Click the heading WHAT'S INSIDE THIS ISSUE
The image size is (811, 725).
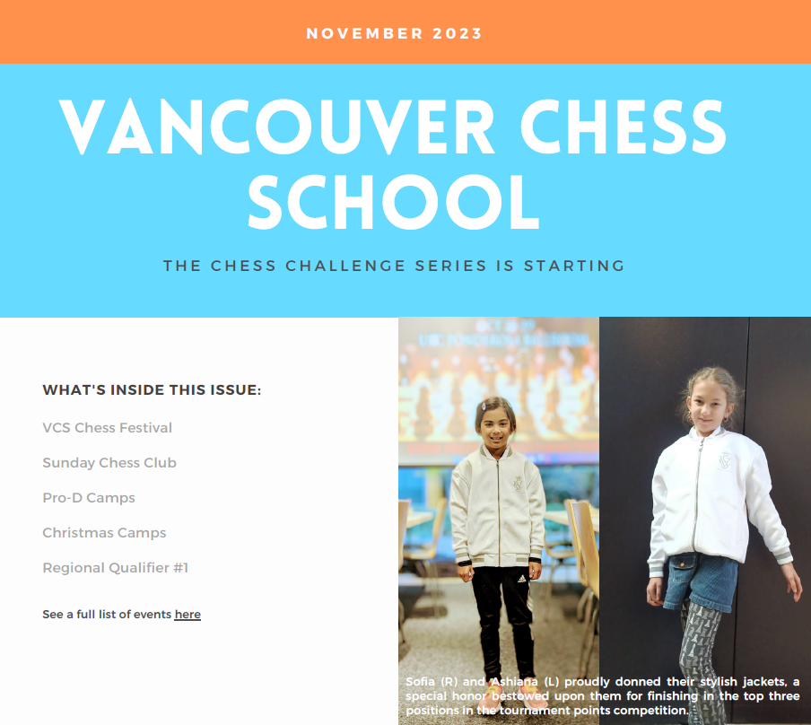tap(152, 390)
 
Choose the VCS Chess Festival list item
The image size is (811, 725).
tap(107, 428)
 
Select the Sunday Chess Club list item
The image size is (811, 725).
tap(109, 463)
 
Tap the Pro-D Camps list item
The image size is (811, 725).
tap(88, 498)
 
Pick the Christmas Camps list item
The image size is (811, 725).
tap(104, 533)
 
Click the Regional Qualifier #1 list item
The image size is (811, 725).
tap(115, 568)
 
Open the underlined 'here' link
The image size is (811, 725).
tap(187, 615)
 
